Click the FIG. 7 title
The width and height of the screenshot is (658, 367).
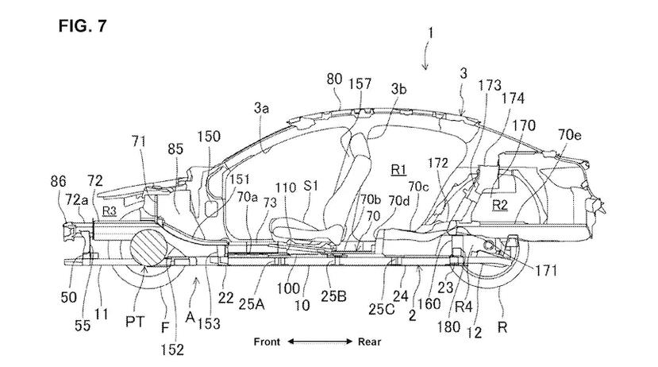click(83, 26)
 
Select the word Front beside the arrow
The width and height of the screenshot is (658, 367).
click(267, 342)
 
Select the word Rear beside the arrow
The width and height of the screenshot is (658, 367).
click(369, 342)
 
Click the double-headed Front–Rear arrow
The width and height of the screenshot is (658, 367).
click(320, 342)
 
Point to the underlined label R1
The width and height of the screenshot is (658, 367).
click(398, 170)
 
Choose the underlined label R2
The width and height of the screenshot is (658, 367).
click(500, 205)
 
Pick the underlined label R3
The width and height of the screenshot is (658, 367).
click(109, 211)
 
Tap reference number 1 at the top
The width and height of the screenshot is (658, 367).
click(429, 33)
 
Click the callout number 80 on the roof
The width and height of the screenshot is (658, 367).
click(334, 79)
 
